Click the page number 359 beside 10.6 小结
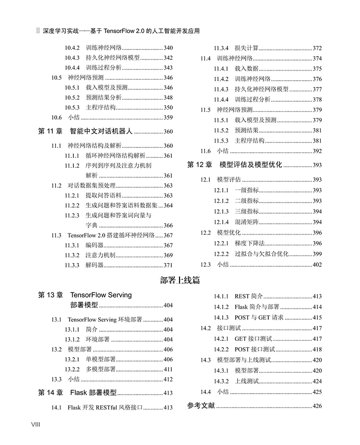tap(168, 117)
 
